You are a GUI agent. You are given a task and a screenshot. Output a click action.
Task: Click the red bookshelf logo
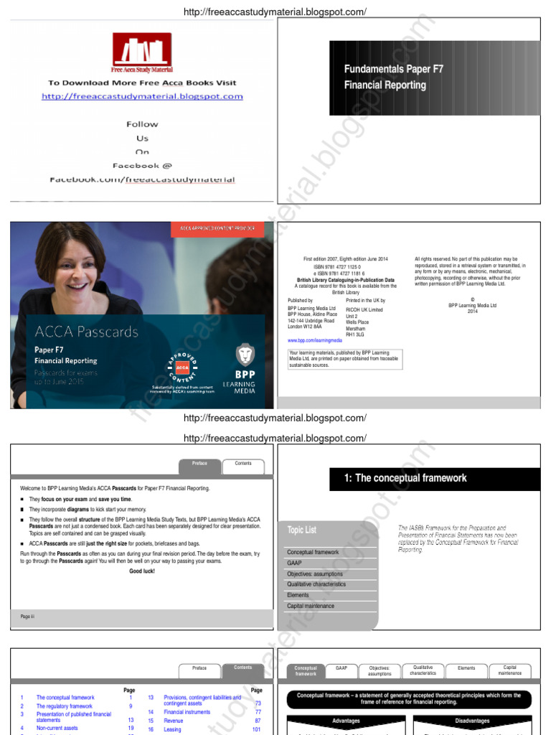[141, 52]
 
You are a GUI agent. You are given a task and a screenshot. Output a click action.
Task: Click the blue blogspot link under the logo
[142, 96]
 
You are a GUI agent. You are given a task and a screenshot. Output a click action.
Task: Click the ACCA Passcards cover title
[86, 332]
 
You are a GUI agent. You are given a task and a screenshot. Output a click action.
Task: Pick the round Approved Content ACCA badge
[182, 367]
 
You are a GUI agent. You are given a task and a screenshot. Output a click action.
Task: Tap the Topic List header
[302, 530]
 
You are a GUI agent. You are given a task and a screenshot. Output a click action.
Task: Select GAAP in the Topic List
[295, 563]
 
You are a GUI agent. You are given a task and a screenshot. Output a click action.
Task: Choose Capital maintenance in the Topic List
[311, 606]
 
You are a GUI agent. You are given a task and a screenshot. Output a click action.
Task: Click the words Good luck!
[142, 571]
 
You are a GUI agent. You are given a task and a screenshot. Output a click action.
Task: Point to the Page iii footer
[27, 617]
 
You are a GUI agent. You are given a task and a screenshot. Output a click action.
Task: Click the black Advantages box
[346, 721]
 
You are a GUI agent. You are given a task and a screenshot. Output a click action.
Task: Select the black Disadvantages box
[472, 721]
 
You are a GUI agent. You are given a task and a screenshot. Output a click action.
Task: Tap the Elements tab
[466, 668]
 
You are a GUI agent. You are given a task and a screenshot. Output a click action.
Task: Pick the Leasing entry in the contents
[173, 729]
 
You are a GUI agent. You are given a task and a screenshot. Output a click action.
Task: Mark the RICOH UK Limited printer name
[364, 310]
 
